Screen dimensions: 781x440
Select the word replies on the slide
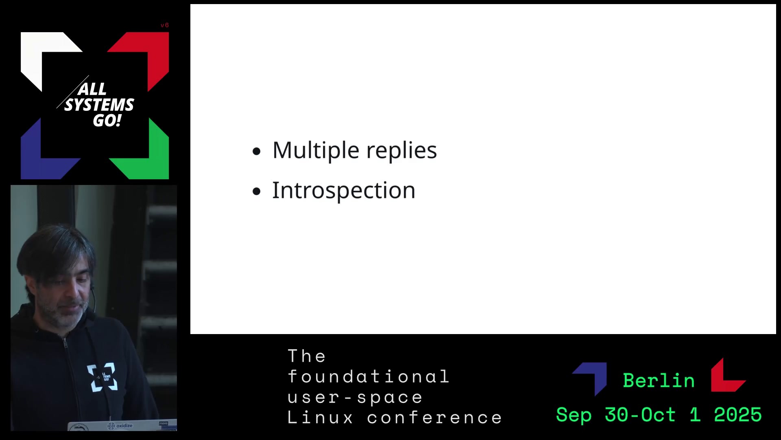point(401,150)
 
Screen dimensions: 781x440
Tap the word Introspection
point(344,190)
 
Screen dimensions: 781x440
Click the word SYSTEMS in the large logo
point(99,105)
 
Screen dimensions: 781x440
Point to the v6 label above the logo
point(165,25)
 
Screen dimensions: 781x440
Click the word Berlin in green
point(659,381)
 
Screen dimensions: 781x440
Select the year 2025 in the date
point(738,415)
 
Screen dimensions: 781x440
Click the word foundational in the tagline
point(369,376)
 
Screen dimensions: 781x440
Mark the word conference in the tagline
point(435,418)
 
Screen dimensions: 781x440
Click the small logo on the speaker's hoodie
point(102,378)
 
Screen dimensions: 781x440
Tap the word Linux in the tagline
point(321,418)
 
